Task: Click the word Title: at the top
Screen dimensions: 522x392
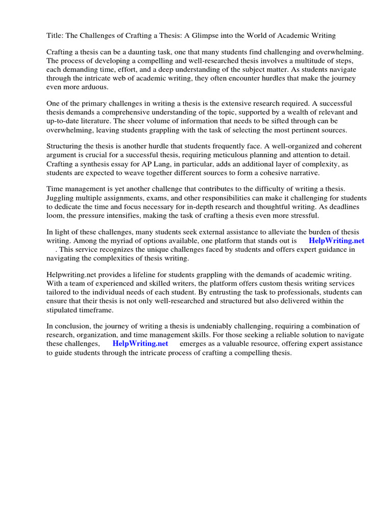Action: (56, 35)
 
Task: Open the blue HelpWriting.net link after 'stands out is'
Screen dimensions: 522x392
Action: (337, 241)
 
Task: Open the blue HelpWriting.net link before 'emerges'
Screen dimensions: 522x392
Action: (140, 344)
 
